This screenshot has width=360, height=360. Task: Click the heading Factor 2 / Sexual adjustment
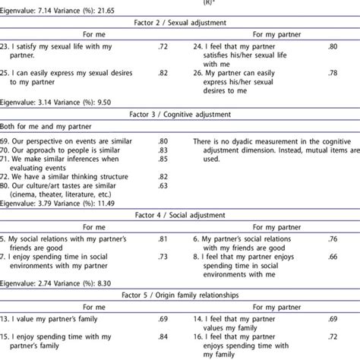180,24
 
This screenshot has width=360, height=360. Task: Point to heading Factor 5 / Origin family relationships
180,289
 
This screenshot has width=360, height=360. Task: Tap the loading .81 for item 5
162,240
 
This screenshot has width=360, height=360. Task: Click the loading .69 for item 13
162,314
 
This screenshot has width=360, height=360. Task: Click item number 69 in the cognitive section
8,141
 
